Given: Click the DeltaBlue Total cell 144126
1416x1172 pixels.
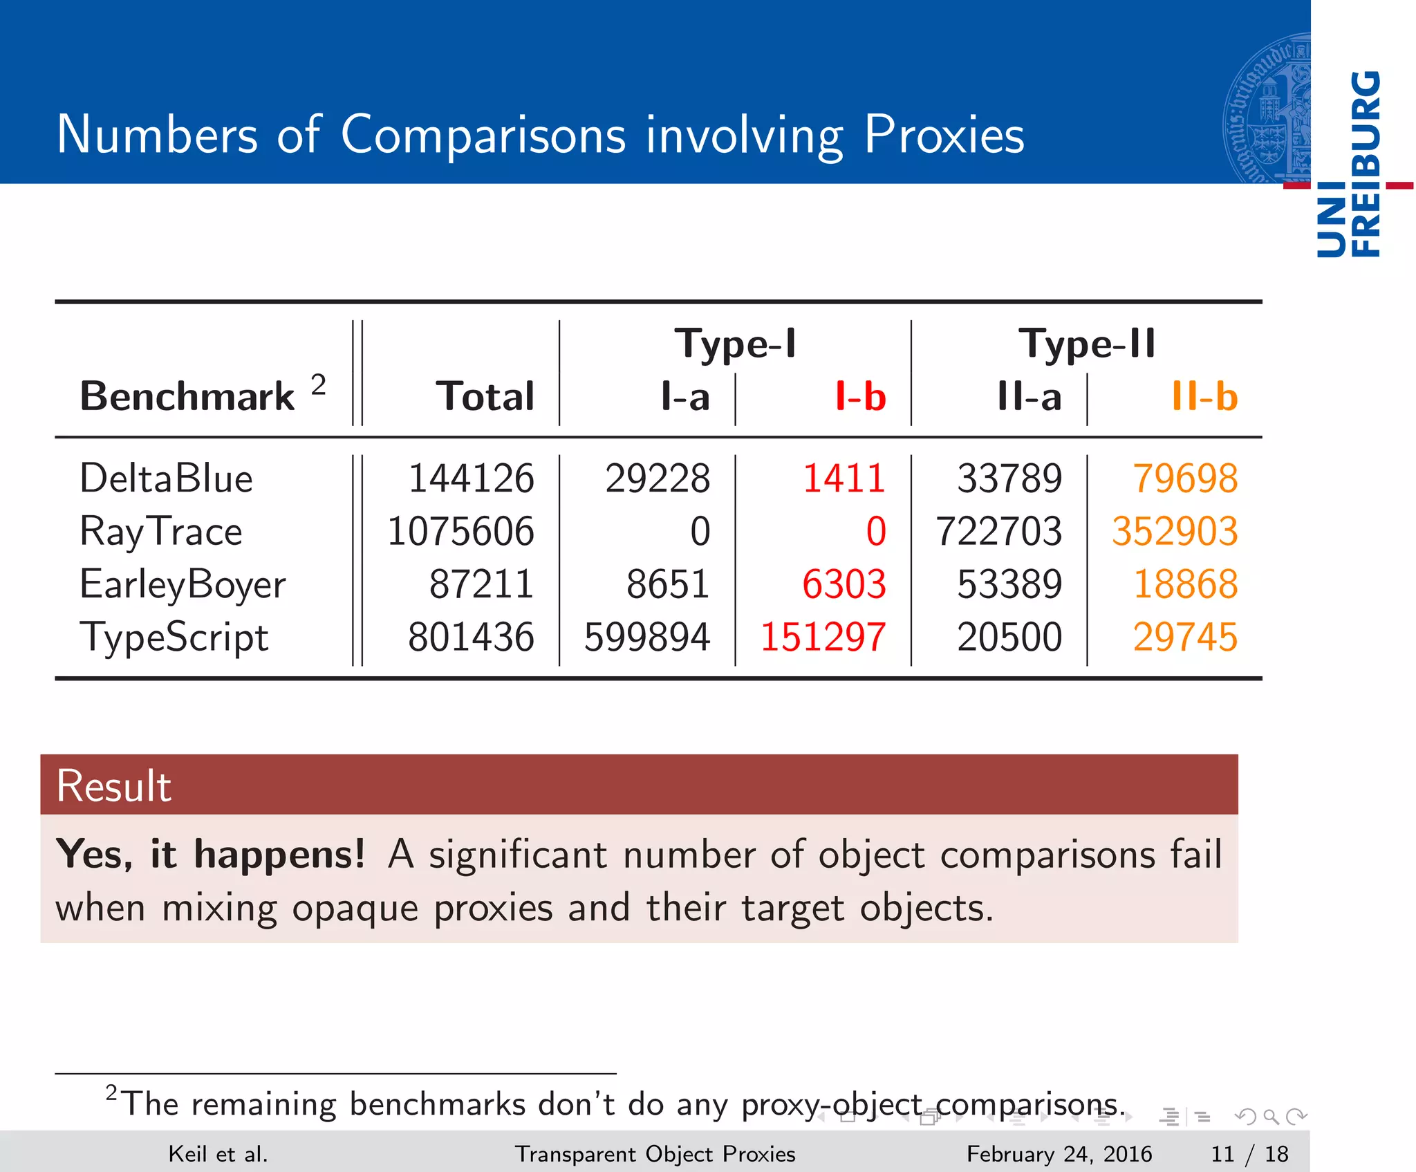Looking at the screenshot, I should (471, 478).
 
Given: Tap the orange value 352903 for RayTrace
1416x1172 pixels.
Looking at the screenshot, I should (1174, 532).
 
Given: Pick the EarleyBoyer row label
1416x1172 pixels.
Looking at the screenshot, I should (183, 585).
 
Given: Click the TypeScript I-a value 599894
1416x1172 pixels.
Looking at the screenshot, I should (646, 638).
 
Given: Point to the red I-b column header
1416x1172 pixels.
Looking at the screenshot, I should (860, 397).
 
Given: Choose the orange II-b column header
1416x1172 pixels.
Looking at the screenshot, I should (1204, 397).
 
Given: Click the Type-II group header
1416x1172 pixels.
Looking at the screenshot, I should (1086, 344).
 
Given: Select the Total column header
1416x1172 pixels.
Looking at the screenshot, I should (485, 397).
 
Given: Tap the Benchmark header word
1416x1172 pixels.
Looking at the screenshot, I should (187, 397).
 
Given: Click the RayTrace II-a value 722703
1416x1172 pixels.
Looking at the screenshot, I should (998, 532).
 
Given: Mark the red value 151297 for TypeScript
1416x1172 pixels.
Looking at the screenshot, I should (823, 638).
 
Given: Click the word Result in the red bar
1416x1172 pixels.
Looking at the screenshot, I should (114, 786).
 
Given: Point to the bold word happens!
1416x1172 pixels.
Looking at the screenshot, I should (279, 855).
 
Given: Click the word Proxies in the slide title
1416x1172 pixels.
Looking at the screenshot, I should (944, 134).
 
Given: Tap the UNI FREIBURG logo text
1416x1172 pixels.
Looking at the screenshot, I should (1349, 165).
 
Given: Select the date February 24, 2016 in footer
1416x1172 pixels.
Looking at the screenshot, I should (1059, 1154).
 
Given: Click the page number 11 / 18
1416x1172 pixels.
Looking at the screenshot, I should (1249, 1154).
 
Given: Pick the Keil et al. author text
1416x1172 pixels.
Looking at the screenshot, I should (218, 1154).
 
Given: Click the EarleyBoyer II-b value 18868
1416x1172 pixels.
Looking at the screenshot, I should (1185, 585).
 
